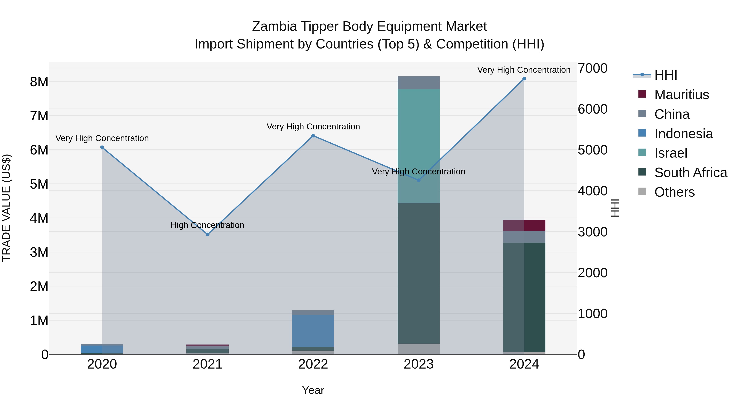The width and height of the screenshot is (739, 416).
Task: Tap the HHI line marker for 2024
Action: tap(524, 79)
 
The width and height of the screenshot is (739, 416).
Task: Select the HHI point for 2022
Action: tap(313, 136)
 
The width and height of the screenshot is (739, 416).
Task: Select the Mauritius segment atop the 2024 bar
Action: tap(524, 225)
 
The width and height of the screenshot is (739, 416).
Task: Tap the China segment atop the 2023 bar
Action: tap(419, 83)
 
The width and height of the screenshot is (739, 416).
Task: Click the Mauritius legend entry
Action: tap(681, 95)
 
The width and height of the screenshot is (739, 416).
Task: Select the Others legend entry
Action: tap(674, 192)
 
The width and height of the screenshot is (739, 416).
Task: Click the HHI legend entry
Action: tap(666, 75)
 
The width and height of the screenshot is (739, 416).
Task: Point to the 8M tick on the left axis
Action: tap(39, 82)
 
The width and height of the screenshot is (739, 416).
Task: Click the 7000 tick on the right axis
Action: tap(592, 68)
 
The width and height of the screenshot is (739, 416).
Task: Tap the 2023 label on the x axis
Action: tap(419, 364)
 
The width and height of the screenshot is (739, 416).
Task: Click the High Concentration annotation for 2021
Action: tap(207, 225)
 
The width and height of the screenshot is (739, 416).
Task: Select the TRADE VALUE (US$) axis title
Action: tap(6, 208)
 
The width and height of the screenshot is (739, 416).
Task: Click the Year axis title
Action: tap(313, 390)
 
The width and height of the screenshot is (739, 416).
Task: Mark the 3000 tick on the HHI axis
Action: tap(592, 232)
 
